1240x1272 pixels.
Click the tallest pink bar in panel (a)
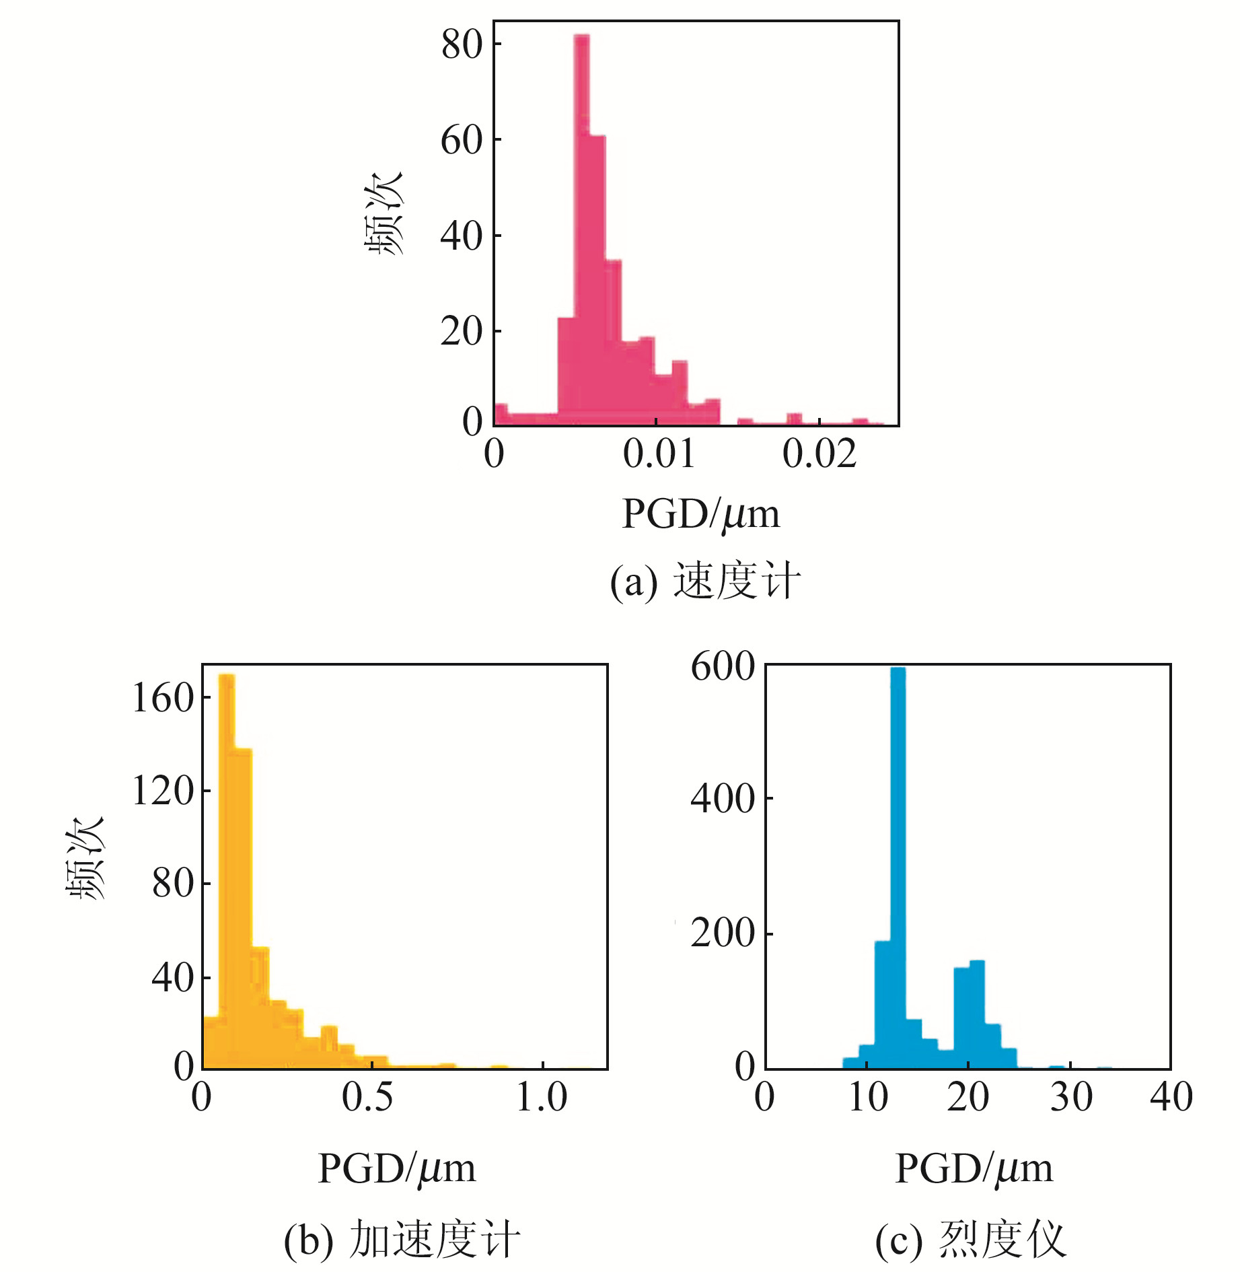[582, 229]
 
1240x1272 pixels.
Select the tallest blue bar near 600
[898, 868]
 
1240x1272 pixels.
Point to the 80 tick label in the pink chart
[462, 45]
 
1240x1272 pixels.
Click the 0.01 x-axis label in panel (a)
[659, 454]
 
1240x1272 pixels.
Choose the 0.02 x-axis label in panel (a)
[819, 454]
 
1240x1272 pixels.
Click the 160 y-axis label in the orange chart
[163, 698]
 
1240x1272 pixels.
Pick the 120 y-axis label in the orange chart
[163, 790]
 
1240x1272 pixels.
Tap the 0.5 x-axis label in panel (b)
[367, 1098]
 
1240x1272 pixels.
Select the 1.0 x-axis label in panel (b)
[542, 1098]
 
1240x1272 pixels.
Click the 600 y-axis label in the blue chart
[723, 667]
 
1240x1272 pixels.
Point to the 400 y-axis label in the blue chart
[723, 799]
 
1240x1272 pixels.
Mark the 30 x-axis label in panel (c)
[1071, 1098]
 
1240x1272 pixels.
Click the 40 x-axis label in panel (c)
[1171, 1098]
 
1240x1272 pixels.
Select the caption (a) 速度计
[705, 581]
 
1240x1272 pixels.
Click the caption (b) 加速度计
[402, 1239]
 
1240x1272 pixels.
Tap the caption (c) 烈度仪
[971, 1239]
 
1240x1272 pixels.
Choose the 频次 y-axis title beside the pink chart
[384, 213]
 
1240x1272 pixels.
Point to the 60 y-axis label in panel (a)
[462, 141]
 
